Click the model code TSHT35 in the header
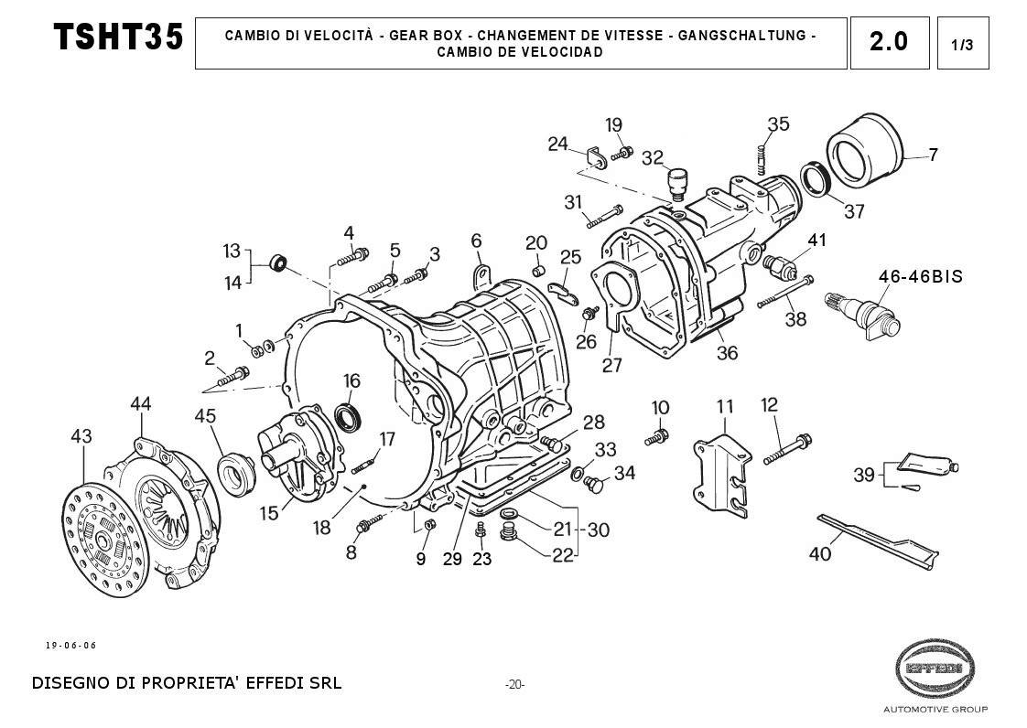tap(118, 37)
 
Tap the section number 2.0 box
tap(889, 42)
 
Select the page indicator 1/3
tap(962, 44)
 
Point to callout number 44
tap(140, 403)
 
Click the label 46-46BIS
tap(920, 276)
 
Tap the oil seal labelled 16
tap(347, 417)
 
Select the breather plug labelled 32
tap(677, 181)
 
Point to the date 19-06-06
tap(70, 646)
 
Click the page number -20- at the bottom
tap(514, 685)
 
